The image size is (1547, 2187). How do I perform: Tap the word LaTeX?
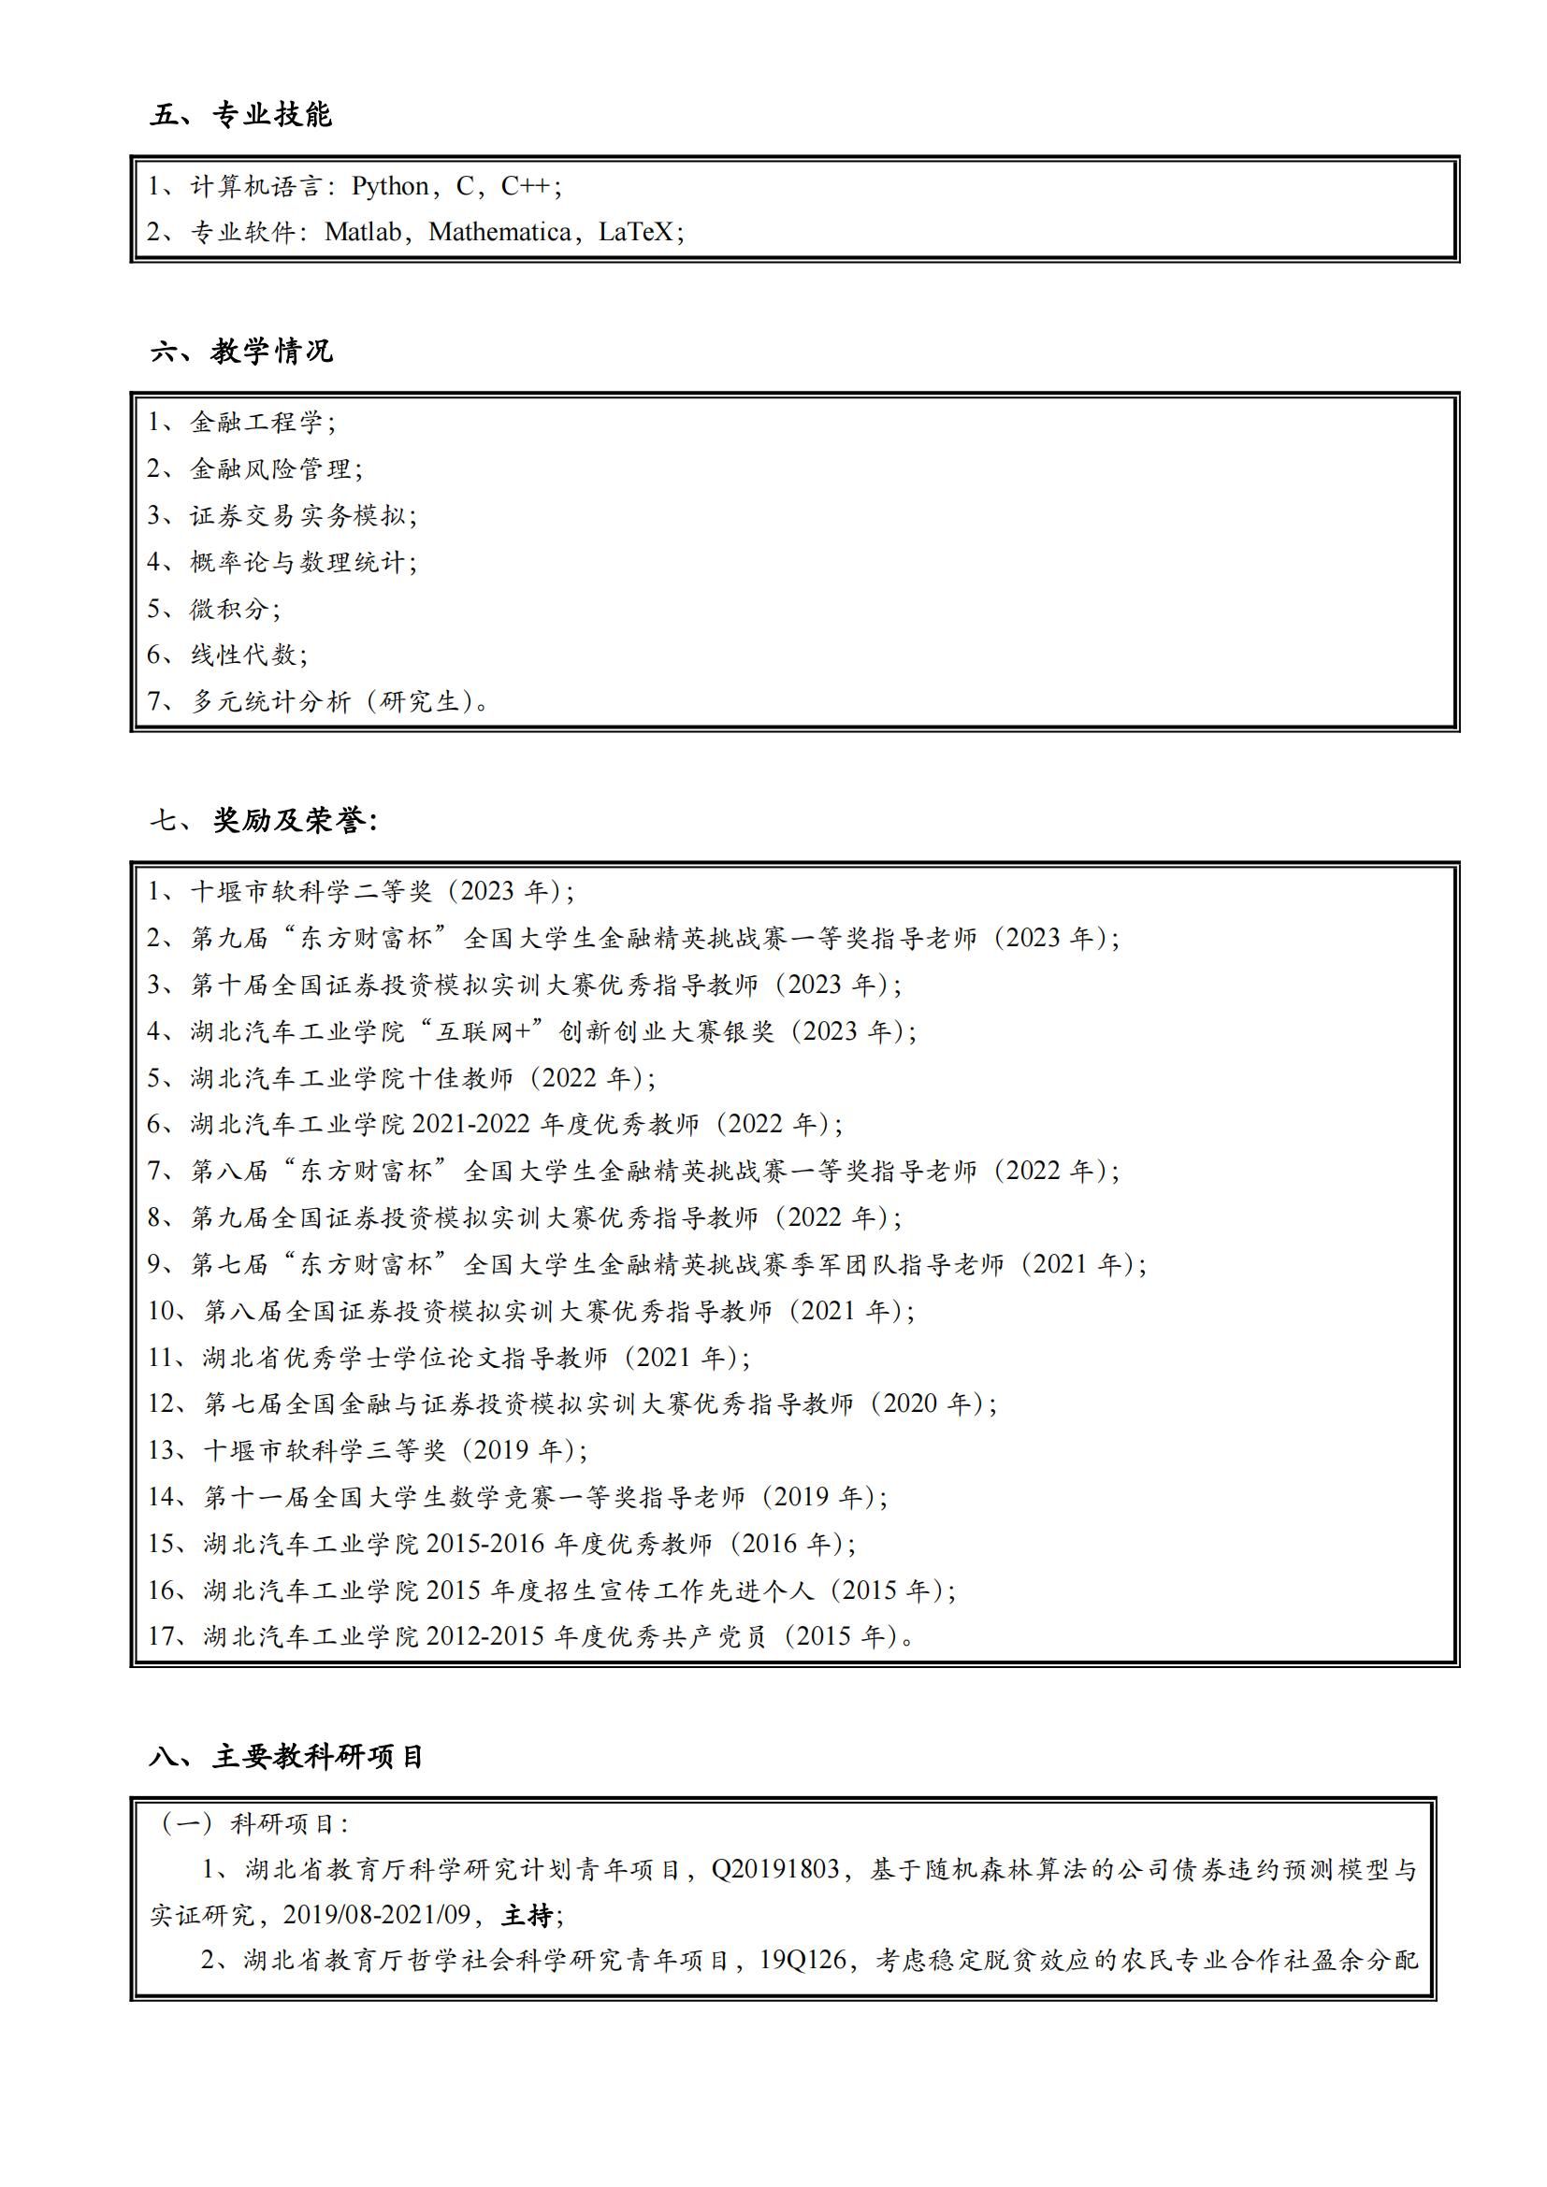click(x=635, y=233)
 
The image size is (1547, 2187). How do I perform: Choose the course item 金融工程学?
click(x=257, y=422)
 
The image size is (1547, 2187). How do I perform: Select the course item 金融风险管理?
click(x=270, y=468)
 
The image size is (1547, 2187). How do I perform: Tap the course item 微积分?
click(x=229, y=609)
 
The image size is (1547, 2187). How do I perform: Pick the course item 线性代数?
click(x=244, y=655)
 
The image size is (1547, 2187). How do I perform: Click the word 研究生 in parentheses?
click(x=420, y=702)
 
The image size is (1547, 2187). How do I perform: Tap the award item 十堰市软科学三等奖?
click(x=325, y=1451)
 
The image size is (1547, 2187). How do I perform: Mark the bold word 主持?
click(x=528, y=1915)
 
